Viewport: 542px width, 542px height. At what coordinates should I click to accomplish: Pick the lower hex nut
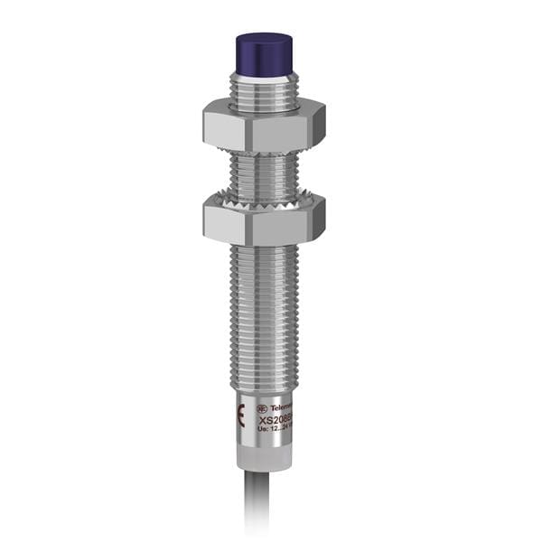pyautogui.click(x=263, y=220)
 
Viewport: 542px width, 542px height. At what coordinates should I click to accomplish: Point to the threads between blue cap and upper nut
pyautogui.click(x=263, y=90)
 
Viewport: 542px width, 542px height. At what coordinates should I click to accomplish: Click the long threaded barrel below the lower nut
pyautogui.click(x=263, y=307)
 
